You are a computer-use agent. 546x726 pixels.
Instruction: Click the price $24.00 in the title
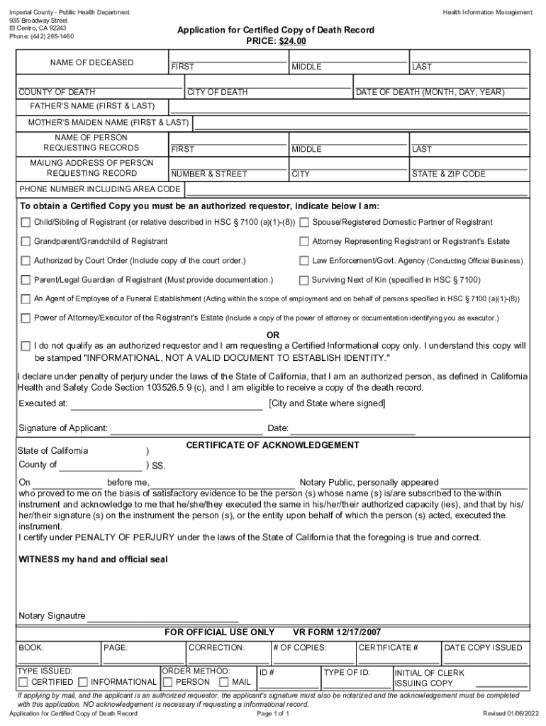(291, 42)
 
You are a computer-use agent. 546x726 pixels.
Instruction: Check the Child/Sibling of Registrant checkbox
(26, 223)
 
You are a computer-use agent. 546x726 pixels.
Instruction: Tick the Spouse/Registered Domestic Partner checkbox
(304, 223)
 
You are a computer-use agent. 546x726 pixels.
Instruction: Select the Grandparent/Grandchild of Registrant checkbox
(26, 242)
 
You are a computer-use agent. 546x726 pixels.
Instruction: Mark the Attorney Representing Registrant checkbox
(304, 242)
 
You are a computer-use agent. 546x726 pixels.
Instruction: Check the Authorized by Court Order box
(26, 261)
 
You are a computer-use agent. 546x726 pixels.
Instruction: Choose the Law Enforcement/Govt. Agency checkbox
(304, 261)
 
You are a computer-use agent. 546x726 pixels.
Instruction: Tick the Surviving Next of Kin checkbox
(304, 280)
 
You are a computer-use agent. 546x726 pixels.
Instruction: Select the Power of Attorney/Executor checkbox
(26, 318)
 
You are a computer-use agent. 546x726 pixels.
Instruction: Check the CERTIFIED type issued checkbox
(26, 683)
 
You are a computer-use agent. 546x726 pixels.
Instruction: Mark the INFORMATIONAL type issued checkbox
(83, 683)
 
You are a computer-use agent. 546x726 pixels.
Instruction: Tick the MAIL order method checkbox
(225, 683)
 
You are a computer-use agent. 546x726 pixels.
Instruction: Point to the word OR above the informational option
(273, 335)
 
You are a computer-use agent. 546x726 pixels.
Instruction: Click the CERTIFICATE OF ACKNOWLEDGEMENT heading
(272, 445)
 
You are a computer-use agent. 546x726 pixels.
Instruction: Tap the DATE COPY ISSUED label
(482, 647)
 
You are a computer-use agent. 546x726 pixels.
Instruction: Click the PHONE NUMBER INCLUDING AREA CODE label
(99, 189)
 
